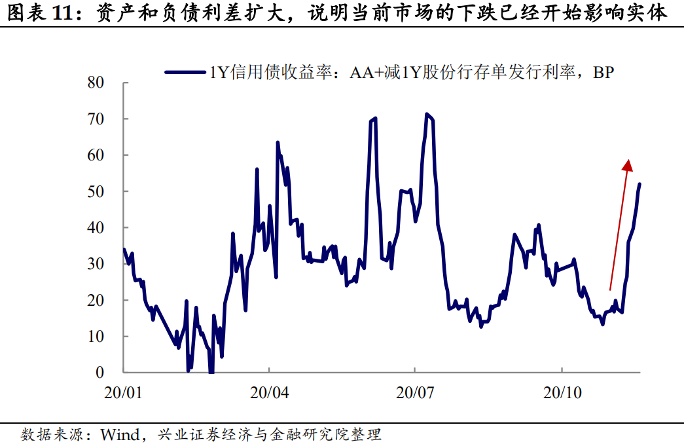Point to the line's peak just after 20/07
427,115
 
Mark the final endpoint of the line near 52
639,184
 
